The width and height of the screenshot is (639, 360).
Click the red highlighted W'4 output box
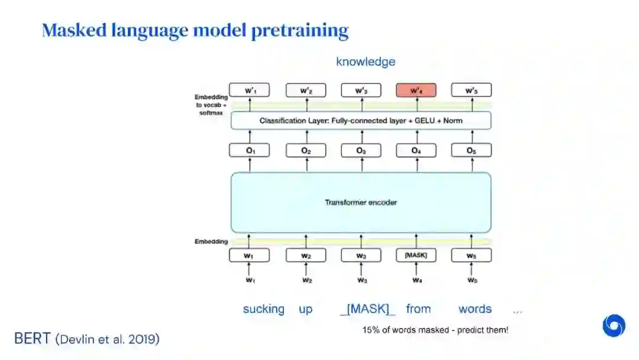[416, 91]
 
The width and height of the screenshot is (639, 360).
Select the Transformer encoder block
[361, 202]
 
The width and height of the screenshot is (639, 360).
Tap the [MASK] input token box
[416, 256]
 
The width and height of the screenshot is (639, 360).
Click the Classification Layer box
[361, 121]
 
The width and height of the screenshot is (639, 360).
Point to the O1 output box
[249, 151]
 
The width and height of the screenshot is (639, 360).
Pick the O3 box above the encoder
[361, 151]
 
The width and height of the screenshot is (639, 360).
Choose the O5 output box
[472, 151]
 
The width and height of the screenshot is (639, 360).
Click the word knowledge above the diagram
[366, 62]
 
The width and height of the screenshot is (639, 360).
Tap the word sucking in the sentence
[263, 309]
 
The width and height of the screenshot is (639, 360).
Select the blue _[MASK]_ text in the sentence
[367, 309]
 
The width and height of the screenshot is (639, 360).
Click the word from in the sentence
[418, 309]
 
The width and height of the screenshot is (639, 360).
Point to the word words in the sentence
[475, 309]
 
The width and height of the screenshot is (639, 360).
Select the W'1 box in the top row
[249, 91]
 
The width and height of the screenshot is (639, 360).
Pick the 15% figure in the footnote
[370, 330]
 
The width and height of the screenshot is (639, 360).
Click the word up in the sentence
[305, 309]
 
